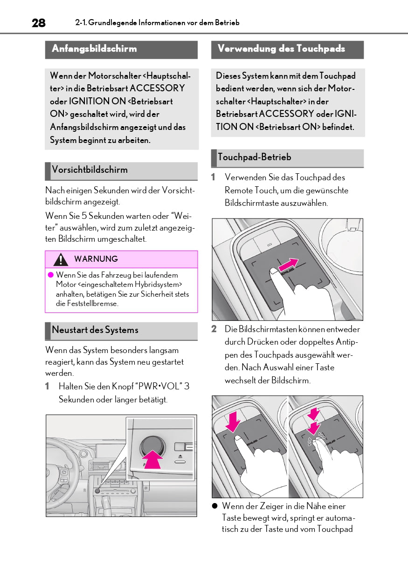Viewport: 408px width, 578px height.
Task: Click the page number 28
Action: [x=39, y=23]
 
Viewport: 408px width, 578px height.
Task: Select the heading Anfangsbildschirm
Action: [x=94, y=49]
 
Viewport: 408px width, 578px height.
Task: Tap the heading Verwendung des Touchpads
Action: [x=281, y=49]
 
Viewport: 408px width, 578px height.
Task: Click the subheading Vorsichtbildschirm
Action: [x=90, y=170]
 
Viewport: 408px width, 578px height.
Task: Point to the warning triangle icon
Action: [x=61, y=259]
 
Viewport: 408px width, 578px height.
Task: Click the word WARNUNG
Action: [x=96, y=259]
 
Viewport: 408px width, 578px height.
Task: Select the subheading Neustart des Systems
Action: [x=95, y=330]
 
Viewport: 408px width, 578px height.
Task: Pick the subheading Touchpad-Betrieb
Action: [x=254, y=157]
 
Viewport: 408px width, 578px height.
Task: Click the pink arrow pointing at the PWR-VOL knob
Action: [x=152, y=461]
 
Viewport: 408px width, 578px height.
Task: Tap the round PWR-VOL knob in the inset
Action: [x=152, y=446]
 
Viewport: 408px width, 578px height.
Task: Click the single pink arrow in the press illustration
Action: [x=232, y=421]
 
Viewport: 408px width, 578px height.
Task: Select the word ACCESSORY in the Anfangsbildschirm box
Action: [x=157, y=88]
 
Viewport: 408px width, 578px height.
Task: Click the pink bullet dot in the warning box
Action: [x=51, y=275]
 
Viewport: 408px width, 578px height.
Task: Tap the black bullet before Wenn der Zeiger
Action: [x=215, y=506]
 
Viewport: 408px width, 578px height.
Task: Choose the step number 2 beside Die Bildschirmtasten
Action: [x=214, y=329]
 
